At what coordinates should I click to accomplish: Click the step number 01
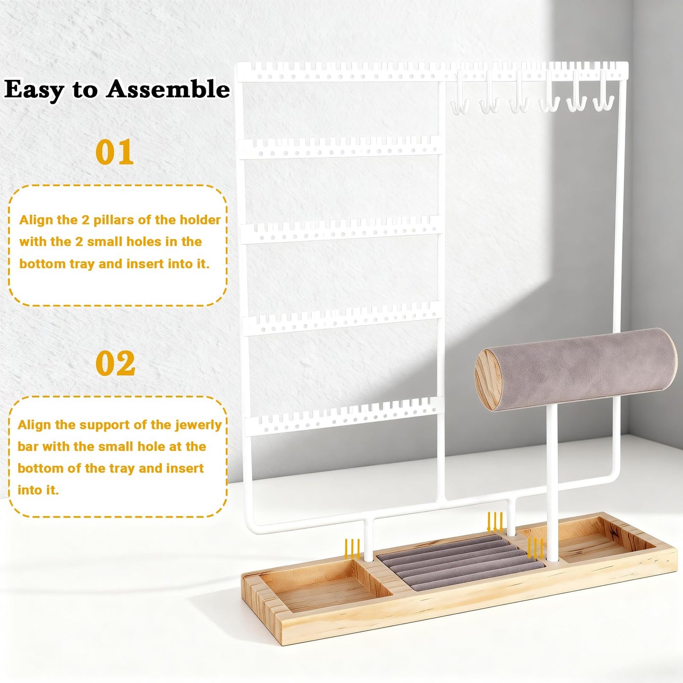[114, 152]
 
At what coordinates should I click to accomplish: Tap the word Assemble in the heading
[168, 89]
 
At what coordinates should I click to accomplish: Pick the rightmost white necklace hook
[604, 91]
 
